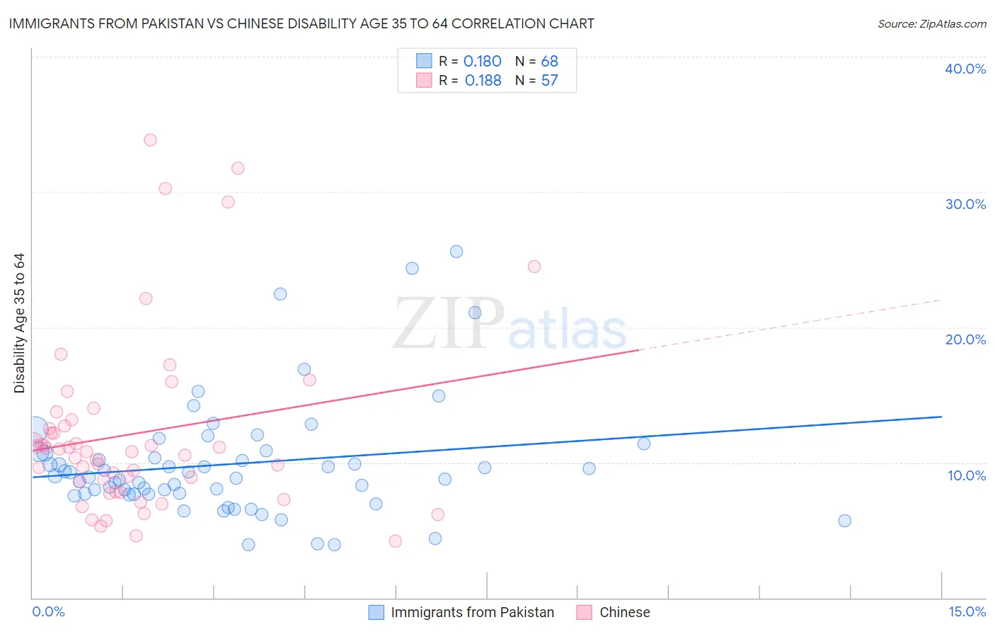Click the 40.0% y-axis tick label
(x=965, y=69)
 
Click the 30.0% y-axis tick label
(x=965, y=204)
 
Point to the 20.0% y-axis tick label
(x=965, y=339)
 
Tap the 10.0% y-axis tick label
(x=967, y=475)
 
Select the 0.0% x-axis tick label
(x=48, y=611)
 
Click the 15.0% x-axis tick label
(x=967, y=611)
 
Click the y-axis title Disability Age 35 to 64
(x=19, y=323)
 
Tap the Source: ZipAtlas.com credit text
(x=931, y=23)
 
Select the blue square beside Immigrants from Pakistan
(x=376, y=612)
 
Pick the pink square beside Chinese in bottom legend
(x=585, y=612)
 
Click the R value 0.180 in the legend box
(x=482, y=62)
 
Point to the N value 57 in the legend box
(x=549, y=81)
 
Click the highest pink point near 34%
(x=150, y=140)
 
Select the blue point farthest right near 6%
(x=844, y=521)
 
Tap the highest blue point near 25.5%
(x=456, y=252)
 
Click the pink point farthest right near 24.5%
(x=534, y=266)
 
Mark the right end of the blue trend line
(x=941, y=417)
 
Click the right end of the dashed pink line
(x=941, y=300)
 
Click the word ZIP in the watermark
(x=449, y=324)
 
